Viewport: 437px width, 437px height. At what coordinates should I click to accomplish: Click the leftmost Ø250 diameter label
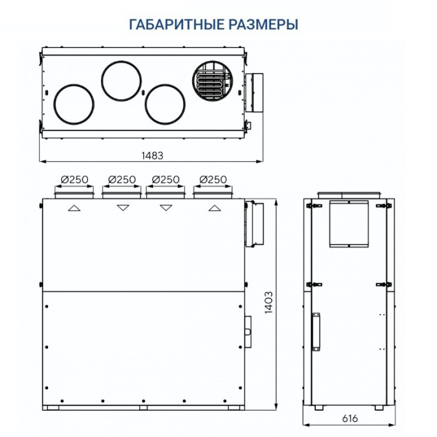pyautogui.click(x=74, y=179)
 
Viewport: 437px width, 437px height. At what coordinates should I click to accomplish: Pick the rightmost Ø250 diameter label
pyautogui.click(x=214, y=179)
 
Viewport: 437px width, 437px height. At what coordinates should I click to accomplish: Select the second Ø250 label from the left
pyautogui.click(x=122, y=179)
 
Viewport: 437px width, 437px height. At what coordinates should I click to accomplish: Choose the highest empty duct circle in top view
pyautogui.click(x=121, y=81)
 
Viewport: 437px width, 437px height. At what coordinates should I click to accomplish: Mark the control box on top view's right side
pyautogui.click(x=255, y=94)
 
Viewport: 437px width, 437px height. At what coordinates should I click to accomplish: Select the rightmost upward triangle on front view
pyautogui.click(x=214, y=209)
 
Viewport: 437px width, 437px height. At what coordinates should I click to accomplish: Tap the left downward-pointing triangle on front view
pyautogui.click(x=123, y=209)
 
